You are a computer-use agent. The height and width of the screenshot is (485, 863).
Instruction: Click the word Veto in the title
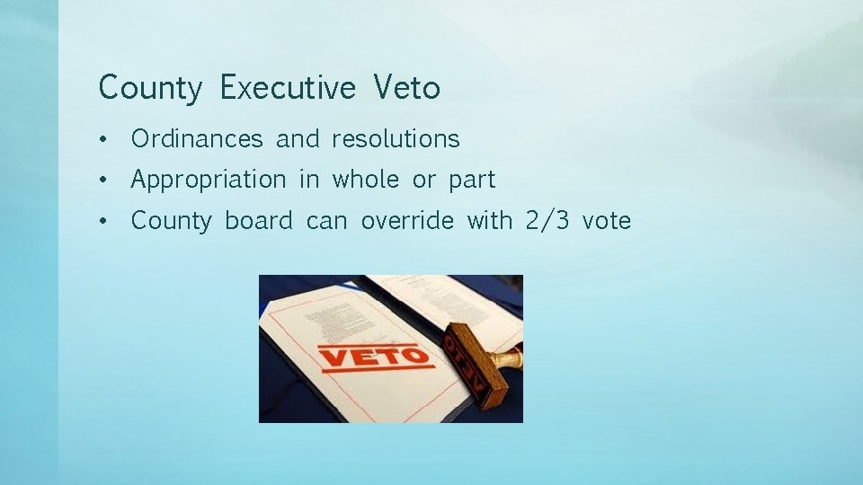click(406, 88)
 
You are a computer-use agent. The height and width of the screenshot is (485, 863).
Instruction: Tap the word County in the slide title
click(151, 89)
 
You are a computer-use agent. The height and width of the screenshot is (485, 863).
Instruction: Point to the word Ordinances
click(197, 139)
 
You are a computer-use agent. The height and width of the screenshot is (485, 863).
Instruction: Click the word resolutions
click(396, 139)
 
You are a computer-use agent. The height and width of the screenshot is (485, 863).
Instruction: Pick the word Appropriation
click(208, 181)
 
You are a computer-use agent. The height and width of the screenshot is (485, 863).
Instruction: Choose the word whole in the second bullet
click(366, 180)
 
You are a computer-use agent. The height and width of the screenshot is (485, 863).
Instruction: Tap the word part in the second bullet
click(472, 181)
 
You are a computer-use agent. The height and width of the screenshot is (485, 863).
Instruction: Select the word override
click(407, 220)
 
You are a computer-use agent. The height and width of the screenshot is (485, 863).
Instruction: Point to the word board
click(259, 220)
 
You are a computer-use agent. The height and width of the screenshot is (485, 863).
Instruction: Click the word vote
click(606, 221)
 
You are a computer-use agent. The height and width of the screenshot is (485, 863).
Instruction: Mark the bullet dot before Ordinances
click(105, 140)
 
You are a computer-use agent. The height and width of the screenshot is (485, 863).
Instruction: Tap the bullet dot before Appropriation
click(105, 181)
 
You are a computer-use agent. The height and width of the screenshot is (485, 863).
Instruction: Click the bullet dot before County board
click(105, 221)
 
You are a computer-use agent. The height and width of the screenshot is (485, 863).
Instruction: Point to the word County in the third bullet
click(171, 221)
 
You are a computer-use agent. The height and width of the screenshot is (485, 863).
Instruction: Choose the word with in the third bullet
click(489, 220)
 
